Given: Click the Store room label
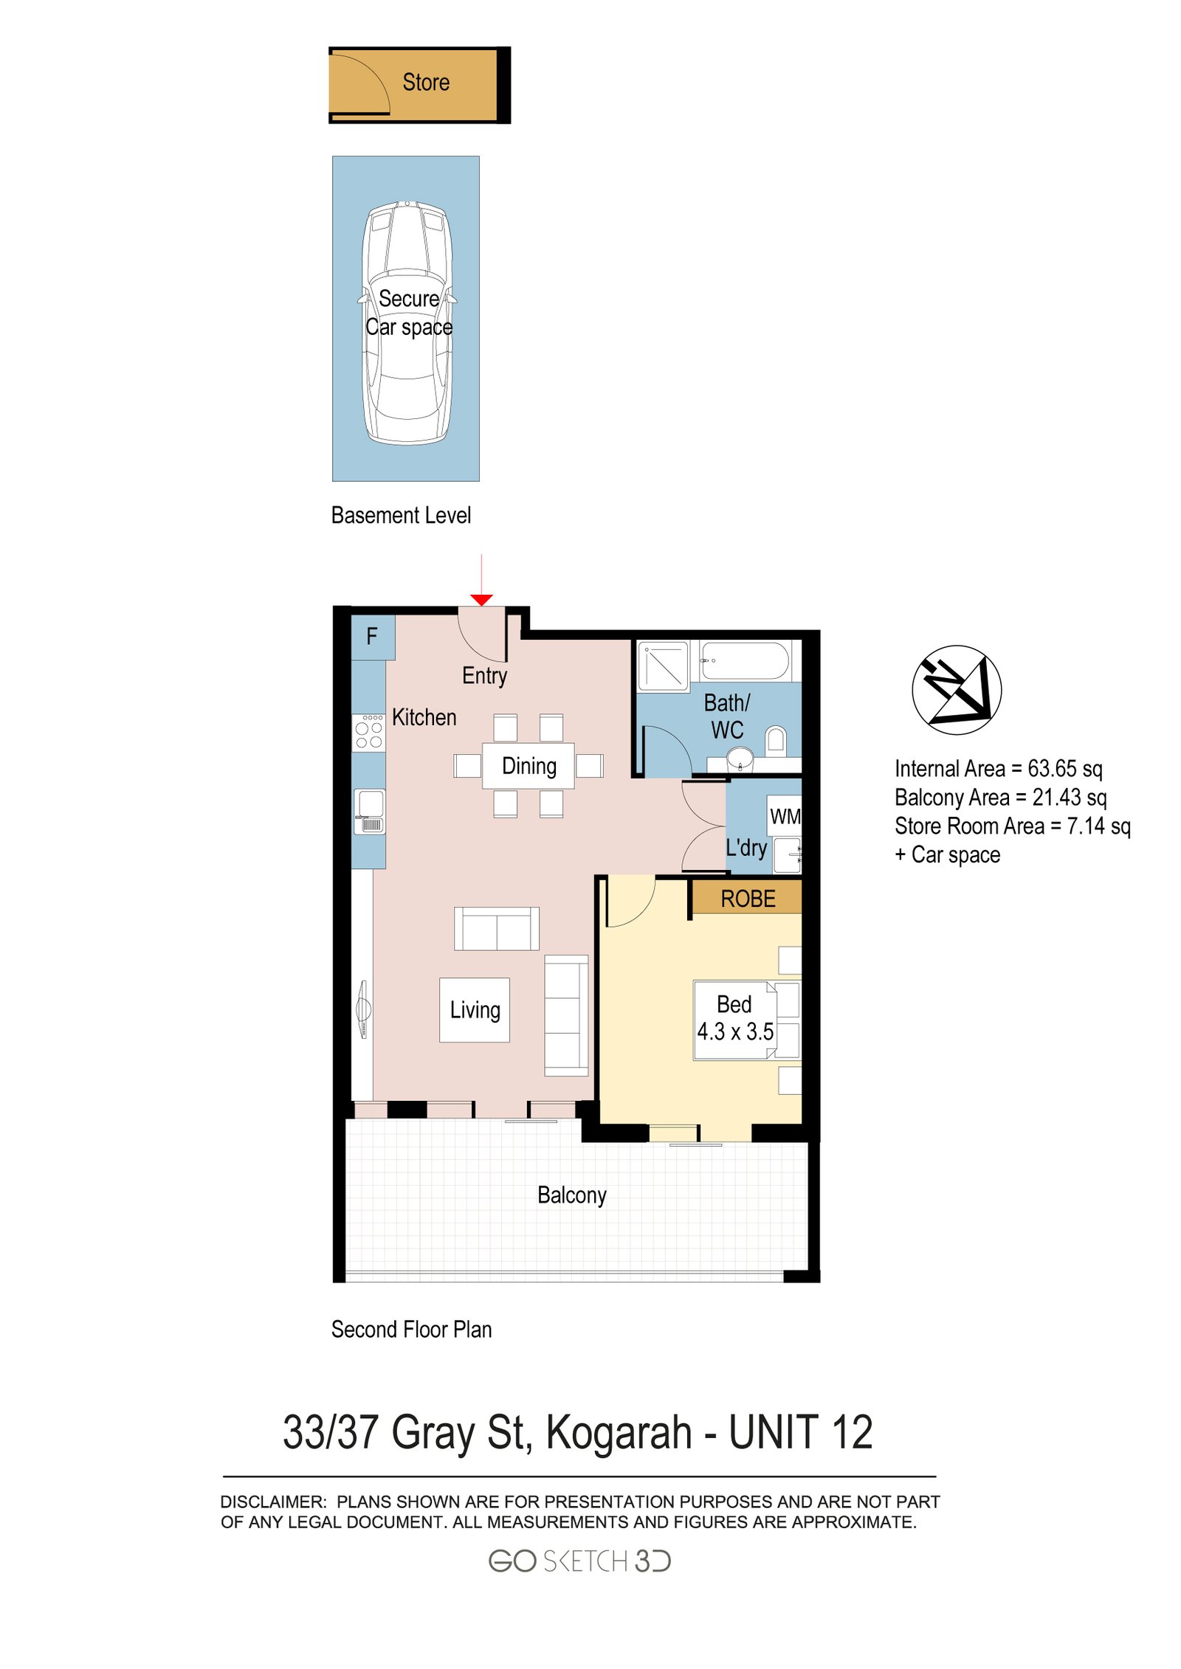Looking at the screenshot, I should [x=426, y=82].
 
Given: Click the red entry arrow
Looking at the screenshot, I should [x=481, y=599].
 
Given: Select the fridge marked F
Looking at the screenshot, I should [x=372, y=636].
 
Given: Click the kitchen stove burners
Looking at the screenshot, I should [x=368, y=733].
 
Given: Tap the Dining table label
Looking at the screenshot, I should [x=528, y=766].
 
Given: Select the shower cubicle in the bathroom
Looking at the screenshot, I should [x=662, y=666].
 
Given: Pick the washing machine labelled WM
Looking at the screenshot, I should [x=784, y=815].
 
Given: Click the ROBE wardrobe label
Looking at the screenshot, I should [x=747, y=899].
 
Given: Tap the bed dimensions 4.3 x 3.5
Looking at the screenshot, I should [x=734, y=1032].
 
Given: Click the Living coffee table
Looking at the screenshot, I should [x=475, y=1009].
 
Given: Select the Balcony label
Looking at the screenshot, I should [x=571, y=1195].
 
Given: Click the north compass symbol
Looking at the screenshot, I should [x=956, y=689].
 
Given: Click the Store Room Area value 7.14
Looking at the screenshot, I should [x=1085, y=826].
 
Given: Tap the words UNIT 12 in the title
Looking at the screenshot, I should [x=800, y=1432].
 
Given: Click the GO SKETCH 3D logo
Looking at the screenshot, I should [x=579, y=1561].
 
